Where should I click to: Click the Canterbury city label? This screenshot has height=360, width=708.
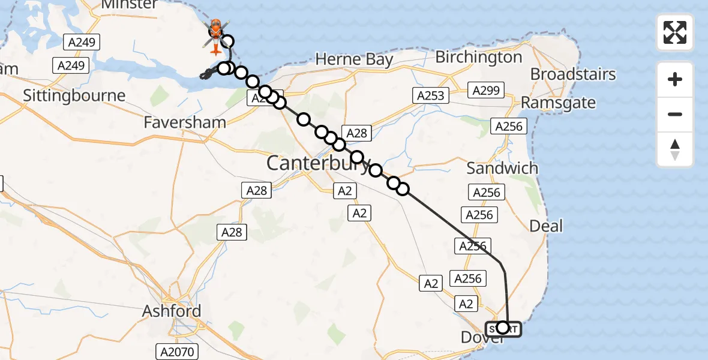318,163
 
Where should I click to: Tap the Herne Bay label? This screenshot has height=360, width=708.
354,59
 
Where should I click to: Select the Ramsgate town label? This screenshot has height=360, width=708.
558,103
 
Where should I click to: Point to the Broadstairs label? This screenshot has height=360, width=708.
573,74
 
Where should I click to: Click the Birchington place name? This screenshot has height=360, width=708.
479,58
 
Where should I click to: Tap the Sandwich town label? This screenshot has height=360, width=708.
502,168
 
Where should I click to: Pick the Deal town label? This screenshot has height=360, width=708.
546,226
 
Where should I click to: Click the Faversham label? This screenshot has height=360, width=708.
185,122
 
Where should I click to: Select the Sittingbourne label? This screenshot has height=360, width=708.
74,95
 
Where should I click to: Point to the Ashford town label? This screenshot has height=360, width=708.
172,311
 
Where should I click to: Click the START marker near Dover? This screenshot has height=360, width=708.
503,328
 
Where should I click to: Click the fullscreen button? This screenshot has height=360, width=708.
675,32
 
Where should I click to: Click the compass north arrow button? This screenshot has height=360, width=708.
675,149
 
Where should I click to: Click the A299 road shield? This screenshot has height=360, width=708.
485,91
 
